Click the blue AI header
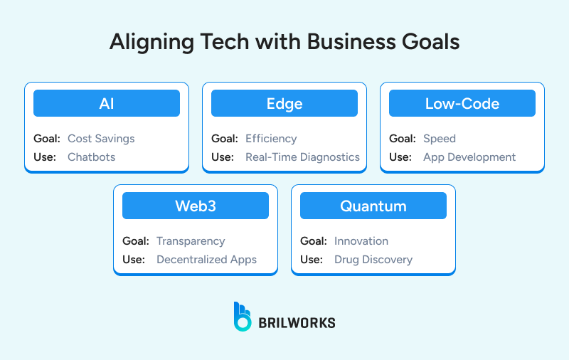pyautogui.click(x=107, y=104)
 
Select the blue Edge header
pyautogui.click(x=284, y=104)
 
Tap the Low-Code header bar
pyautogui.click(x=462, y=104)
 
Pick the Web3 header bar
pyautogui.click(x=196, y=206)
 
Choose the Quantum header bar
pyautogui.click(x=373, y=206)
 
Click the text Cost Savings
pyautogui.click(x=101, y=139)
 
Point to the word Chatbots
pyautogui.click(x=91, y=157)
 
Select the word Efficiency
pyautogui.click(x=271, y=139)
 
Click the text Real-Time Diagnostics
pyautogui.click(x=302, y=157)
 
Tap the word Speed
pyautogui.click(x=440, y=139)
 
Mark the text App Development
pyautogui.click(x=469, y=157)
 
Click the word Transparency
pyautogui.click(x=191, y=241)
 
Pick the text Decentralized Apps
pyautogui.click(x=206, y=259)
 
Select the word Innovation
pyautogui.click(x=361, y=241)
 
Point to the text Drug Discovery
pyautogui.click(x=373, y=259)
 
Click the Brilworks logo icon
pyautogui.click(x=243, y=317)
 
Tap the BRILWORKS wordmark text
pyautogui.click(x=297, y=322)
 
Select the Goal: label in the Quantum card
pyautogui.click(x=313, y=241)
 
